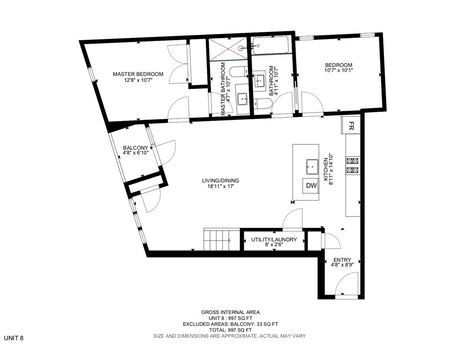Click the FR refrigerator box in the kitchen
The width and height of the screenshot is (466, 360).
coord(351,126)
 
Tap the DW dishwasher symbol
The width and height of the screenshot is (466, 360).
coord(311,186)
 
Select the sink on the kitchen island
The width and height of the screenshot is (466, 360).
coord(312,165)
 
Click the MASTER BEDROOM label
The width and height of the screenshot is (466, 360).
coord(138,74)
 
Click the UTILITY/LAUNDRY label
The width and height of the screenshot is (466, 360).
coord(274,240)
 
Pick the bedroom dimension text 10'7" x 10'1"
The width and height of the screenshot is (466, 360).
coord(338,71)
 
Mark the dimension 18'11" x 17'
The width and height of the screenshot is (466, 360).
coord(218,187)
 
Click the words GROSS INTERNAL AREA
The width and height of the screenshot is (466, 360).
coord(230,312)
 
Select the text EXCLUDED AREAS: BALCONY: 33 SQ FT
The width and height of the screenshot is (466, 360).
coord(230,324)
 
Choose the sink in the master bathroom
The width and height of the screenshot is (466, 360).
coord(242,98)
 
